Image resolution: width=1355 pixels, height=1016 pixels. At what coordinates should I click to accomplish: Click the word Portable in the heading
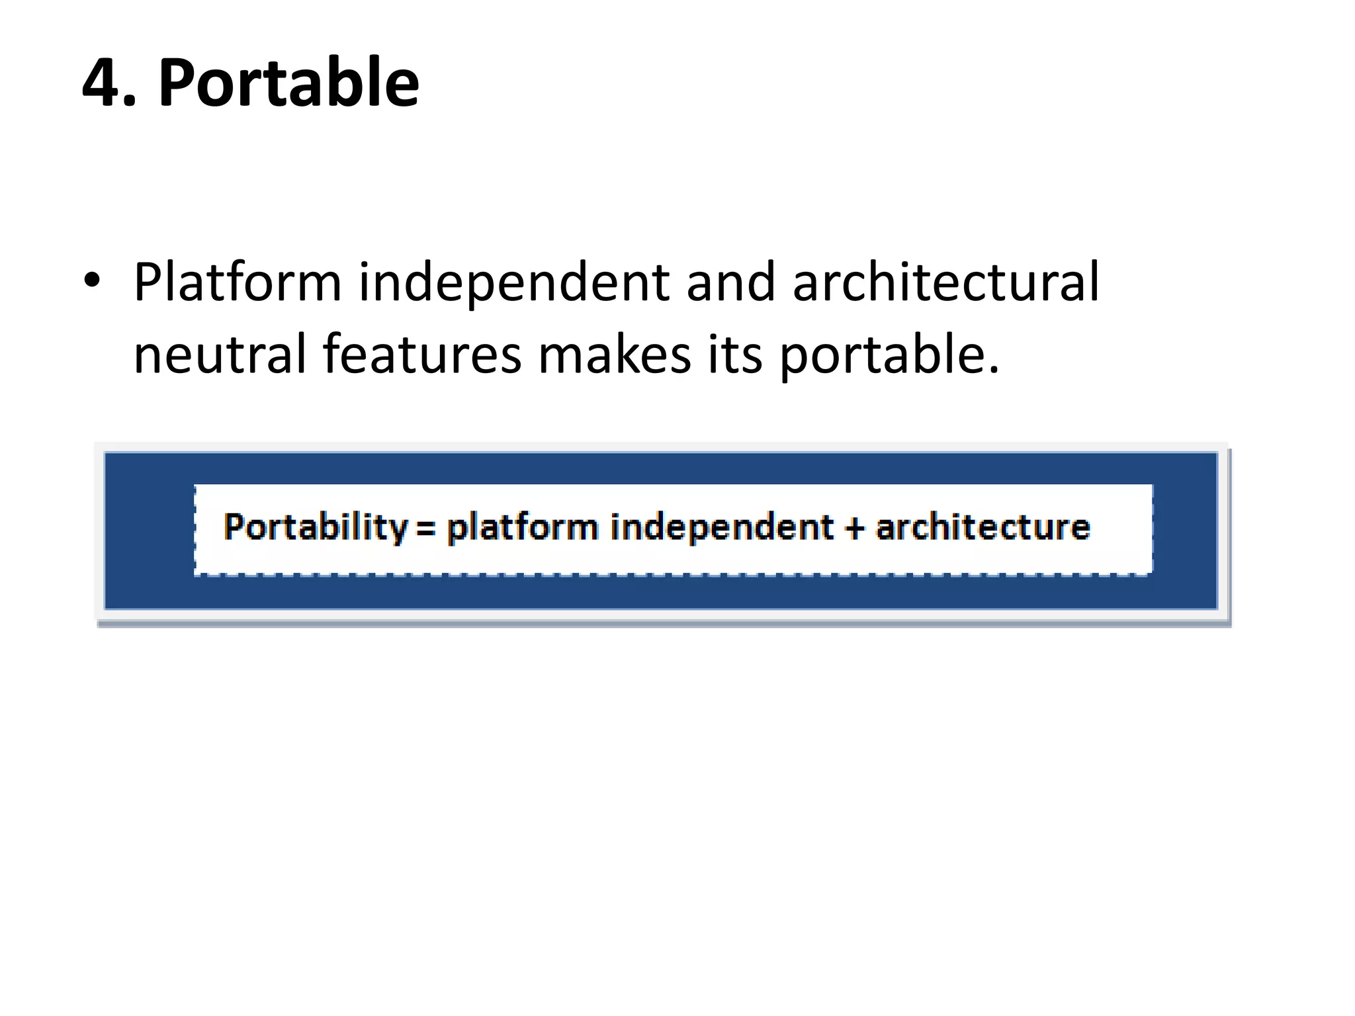(288, 83)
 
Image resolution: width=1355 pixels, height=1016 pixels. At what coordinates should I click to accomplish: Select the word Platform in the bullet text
(238, 283)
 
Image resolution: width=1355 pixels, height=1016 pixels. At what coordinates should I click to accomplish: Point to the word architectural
(945, 282)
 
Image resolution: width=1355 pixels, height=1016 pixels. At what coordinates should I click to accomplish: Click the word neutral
(220, 355)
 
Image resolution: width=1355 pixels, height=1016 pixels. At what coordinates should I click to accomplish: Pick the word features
(422, 355)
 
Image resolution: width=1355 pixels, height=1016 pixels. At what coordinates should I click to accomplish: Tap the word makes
(615, 355)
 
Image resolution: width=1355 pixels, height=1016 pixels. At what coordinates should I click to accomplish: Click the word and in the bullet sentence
(730, 283)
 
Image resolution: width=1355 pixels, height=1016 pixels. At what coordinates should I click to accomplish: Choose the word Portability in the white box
(316, 528)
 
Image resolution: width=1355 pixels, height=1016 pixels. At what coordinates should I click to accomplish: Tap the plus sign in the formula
(855, 528)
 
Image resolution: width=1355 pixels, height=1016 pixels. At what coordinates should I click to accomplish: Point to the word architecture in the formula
(983, 528)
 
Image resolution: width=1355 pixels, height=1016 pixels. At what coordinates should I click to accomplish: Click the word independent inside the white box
(721, 528)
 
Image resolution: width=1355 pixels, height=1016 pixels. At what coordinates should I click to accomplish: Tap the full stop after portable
(993, 370)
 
